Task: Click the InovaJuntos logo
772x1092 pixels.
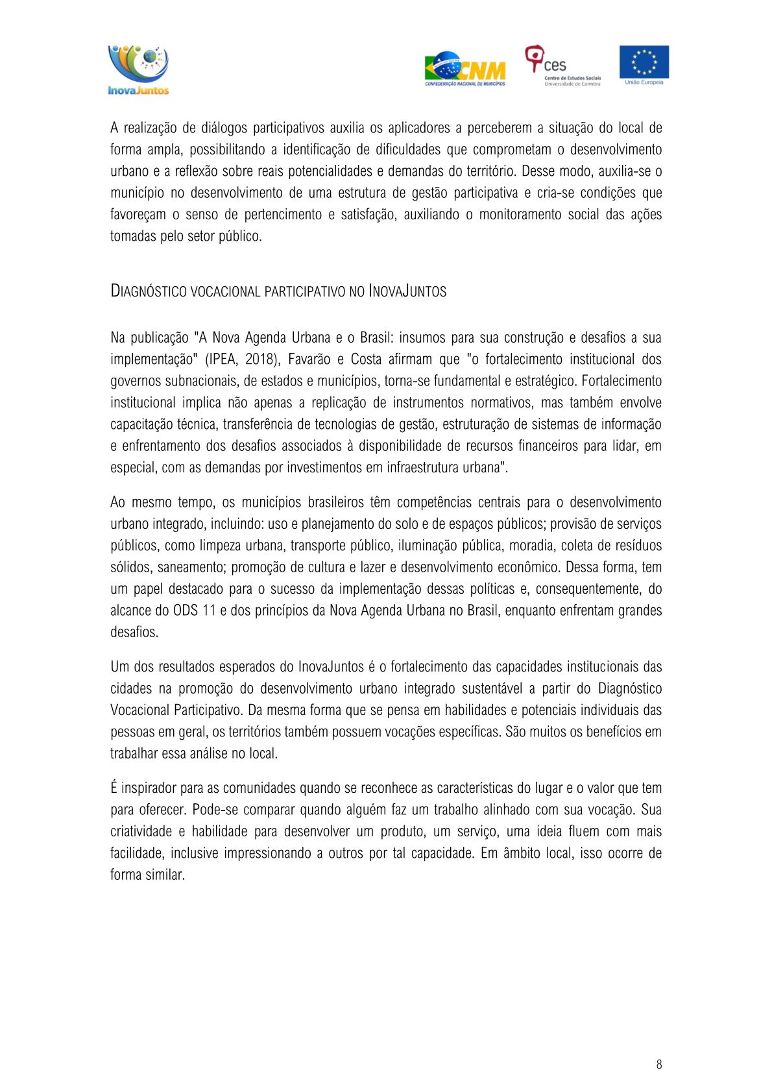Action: click(x=138, y=69)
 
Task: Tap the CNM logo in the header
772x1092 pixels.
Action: click(x=464, y=69)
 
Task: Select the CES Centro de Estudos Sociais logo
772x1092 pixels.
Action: click(x=562, y=66)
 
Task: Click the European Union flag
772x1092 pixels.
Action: click(x=644, y=64)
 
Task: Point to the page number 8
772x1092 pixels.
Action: click(x=659, y=1064)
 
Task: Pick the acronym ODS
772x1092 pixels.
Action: click(x=185, y=611)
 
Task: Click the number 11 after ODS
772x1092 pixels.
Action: click(x=209, y=611)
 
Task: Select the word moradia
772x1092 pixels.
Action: click(x=531, y=546)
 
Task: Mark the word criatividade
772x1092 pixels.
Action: click(x=141, y=832)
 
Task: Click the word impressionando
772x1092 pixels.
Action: click(x=267, y=853)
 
